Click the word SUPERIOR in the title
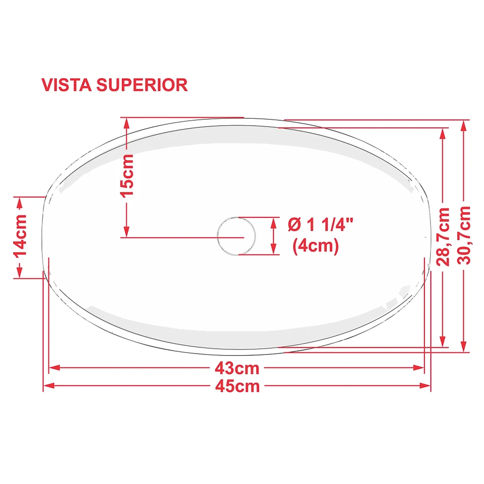pyautogui.click(x=142, y=85)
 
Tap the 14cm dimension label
pyautogui.click(x=20, y=235)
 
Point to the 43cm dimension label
pyautogui.click(x=237, y=368)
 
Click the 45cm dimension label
pyautogui.click(x=237, y=386)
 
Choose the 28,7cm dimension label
pyautogui.click(x=443, y=237)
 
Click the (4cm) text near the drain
pyautogui.click(x=316, y=246)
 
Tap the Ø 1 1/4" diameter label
pyautogui.click(x=320, y=224)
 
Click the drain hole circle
pyautogui.click(x=237, y=236)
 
